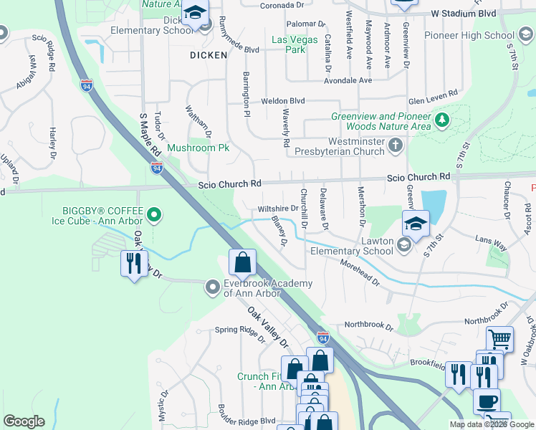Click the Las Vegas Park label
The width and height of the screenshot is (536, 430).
[x=295, y=44]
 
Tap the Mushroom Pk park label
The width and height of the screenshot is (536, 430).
[x=198, y=148]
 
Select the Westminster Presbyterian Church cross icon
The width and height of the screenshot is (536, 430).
[x=395, y=147]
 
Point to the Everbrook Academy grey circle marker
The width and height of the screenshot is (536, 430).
[x=213, y=288]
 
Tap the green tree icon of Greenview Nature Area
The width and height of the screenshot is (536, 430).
[x=443, y=120]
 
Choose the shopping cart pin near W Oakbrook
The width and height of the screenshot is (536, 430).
[x=499, y=339]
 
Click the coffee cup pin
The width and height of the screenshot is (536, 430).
[x=487, y=401]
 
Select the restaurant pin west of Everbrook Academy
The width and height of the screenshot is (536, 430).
[x=133, y=264]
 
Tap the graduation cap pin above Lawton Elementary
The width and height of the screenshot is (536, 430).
[x=415, y=224]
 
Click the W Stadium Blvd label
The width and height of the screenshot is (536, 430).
[x=464, y=14]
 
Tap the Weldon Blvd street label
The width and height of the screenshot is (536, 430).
[x=282, y=102]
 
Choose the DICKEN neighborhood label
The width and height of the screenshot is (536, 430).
[x=209, y=54]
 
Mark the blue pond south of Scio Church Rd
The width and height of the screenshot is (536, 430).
[x=434, y=204]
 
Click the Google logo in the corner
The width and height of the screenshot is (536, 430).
[x=24, y=421]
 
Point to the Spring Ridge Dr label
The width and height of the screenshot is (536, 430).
[x=239, y=330]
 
